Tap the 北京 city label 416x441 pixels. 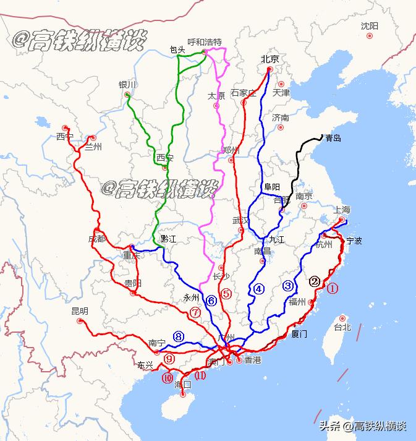click(x=270, y=59)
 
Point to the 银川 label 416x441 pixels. click(x=127, y=85)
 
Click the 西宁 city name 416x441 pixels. click(x=64, y=136)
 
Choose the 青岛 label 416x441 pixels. click(x=333, y=138)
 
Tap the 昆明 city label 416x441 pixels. click(x=80, y=311)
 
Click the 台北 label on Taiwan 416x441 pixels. click(x=342, y=327)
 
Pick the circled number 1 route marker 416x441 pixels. click(x=333, y=288)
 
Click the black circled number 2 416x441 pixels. click(x=315, y=281)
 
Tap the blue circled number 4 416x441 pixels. click(x=258, y=288)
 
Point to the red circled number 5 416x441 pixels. click(x=226, y=294)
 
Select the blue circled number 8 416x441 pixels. click(x=179, y=336)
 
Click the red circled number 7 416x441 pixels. click(x=195, y=312)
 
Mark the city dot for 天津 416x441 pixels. click(x=281, y=84)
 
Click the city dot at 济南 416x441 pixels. click(x=281, y=127)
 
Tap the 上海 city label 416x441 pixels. click(x=341, y=209)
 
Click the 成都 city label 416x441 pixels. click(x=96, y=238)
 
